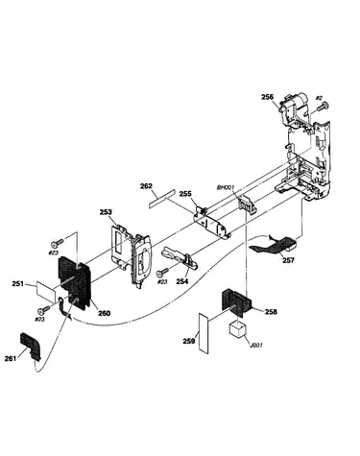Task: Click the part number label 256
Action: pyautogui.click(x=267, y=97)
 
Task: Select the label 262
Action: pyautogui.click(x=146, y=186)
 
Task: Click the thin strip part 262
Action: pyautogui.click(x=162, y=199)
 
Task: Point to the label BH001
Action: pyautogui.click(x=226, y=187)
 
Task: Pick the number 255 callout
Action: pyautogui.click(x=185, y=193)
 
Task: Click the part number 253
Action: pyautogui.click(x=106, y=212)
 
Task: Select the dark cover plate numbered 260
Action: pyautogui.click(x=74, y=282)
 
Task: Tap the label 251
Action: pyautogui.click(x=18, y=283)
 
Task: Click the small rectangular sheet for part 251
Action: pyautogui.click(x=46, y=292)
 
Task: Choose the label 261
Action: pyautogui.click(x=11, y=359)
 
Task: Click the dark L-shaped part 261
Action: pyautogui.click(x=32, y=345)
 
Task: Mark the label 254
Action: pyautogui.click(x=181, y=281)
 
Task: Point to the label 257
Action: pyautogui.click(x=288, y=260)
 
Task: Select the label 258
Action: pyautogui.click(x=271, y=312)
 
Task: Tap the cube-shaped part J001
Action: pyautogui.click(x=238, y=329)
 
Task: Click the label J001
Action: pyautogui.click(x=256, y=346)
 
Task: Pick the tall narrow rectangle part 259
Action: pyautogui.click(x=204, y=333)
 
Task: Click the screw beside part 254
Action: pyautogui.click(x=162, y=273)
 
